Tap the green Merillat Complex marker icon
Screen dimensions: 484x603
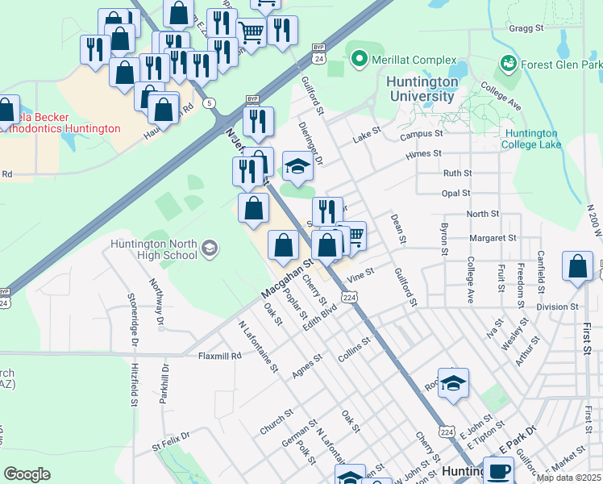(357, 59)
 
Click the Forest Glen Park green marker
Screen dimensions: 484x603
(508, 62)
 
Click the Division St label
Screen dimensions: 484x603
(557, 307)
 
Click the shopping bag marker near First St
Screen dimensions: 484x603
(578, 268)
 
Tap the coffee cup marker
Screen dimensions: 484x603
(498, 470)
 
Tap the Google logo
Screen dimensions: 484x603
(27, 474)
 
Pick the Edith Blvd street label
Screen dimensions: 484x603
(319, 315)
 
